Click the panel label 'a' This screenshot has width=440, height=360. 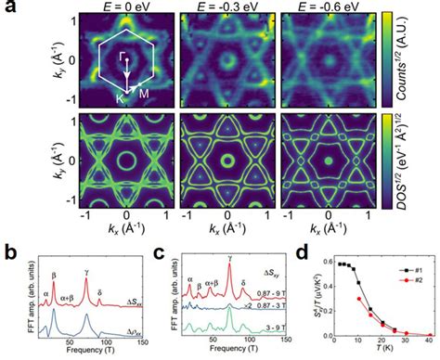pyautogui.click(x=9, y=7)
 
